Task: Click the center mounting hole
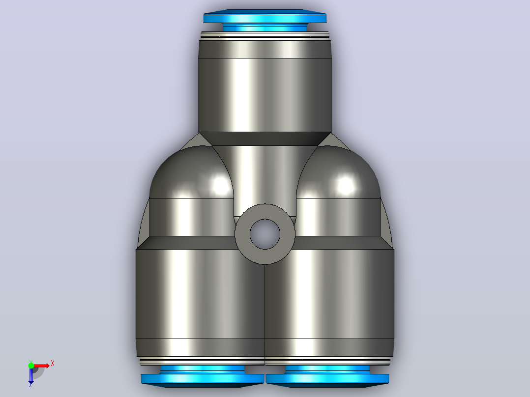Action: [x=265, y=234]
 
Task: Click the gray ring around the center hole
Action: [x=242, y=234]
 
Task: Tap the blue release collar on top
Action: [x=265, y=20]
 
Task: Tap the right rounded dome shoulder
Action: [x=338, y=172]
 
